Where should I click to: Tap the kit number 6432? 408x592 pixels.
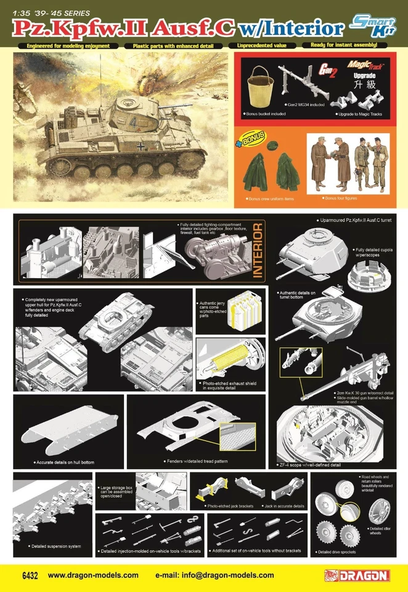tap(28, 575)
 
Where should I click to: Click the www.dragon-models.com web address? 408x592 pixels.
tap(93, 575)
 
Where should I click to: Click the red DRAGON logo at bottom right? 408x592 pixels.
tap(357, 575)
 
